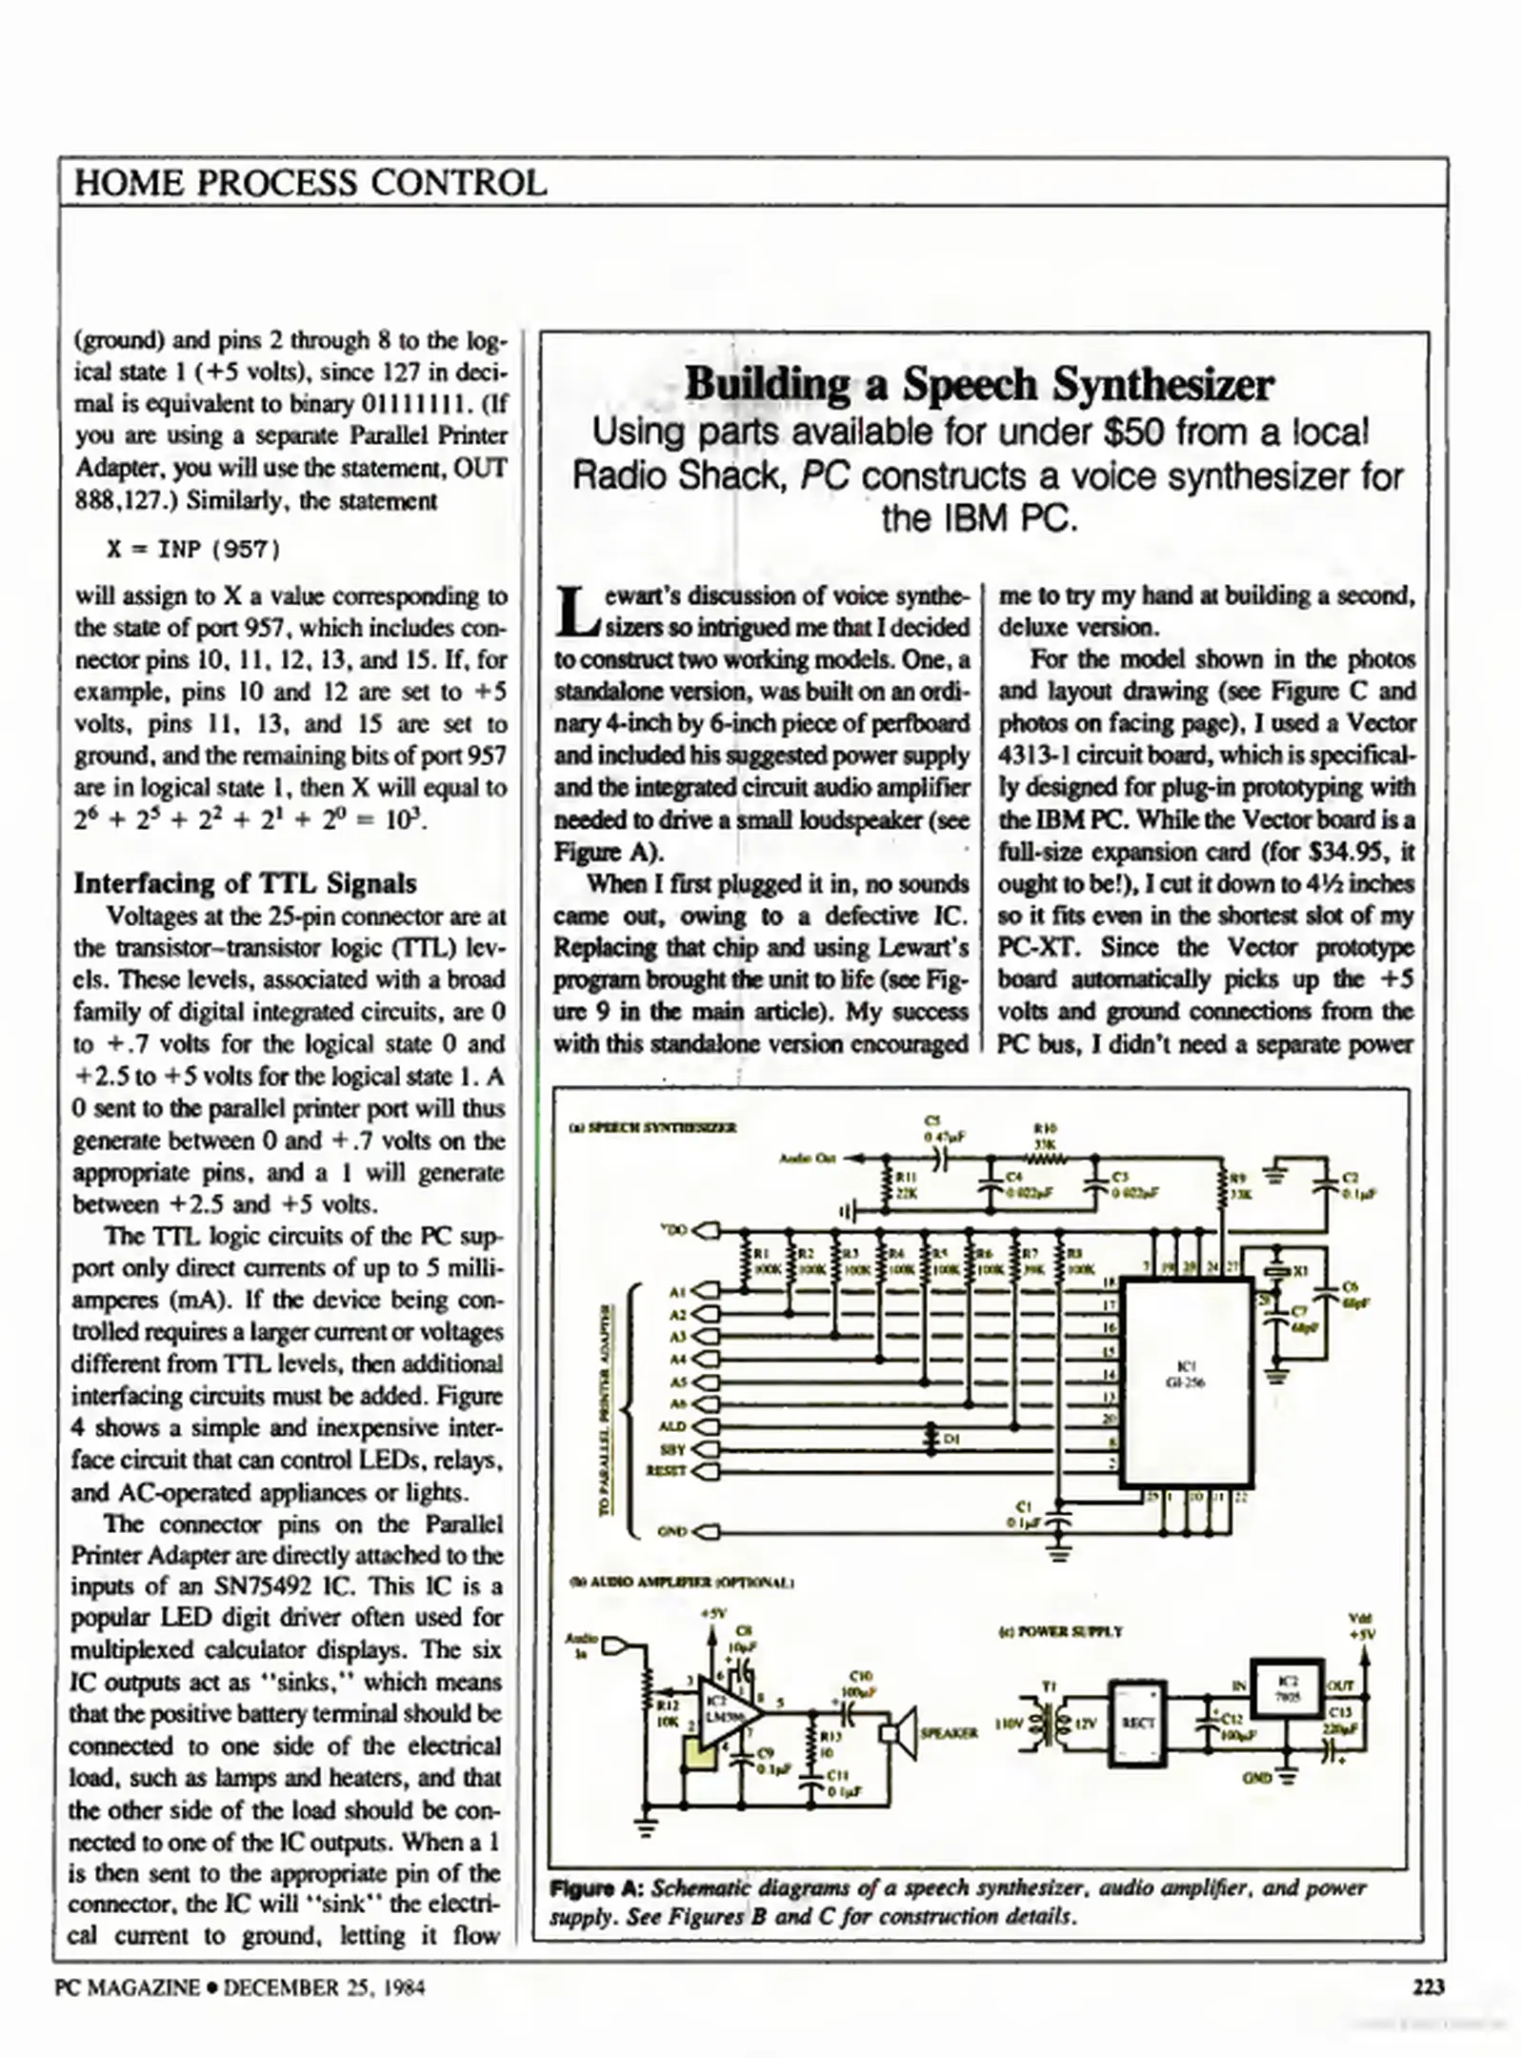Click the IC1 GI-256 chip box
pos(1186,1382)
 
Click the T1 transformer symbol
pos(1047,1723)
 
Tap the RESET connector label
pos(666,1470)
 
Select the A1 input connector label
pos(677,1292)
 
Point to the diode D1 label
pos(951,1439)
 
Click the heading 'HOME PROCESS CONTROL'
pos(310,182)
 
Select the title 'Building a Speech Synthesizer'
pos(979,384)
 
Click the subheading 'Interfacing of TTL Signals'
pos(245,882)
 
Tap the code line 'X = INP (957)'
pos(193,549)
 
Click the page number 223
pos(1428,1987)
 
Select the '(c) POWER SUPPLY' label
pos(1060,1630)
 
